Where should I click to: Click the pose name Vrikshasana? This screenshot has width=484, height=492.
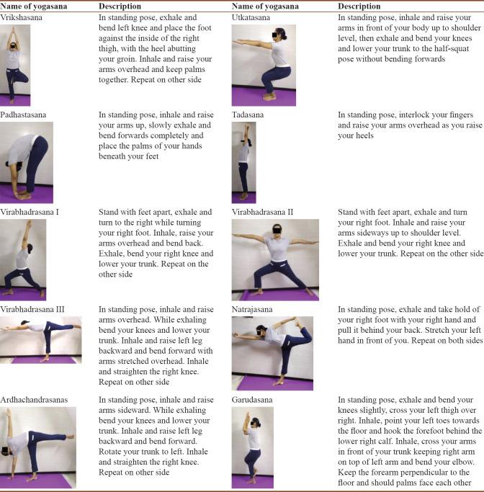point(21,17)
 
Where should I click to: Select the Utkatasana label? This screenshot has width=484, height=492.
point(251,17)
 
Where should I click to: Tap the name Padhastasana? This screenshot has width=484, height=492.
point(23,115)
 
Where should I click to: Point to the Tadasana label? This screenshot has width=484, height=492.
point(248,115)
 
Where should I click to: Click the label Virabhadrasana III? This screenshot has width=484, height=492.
point(32,309)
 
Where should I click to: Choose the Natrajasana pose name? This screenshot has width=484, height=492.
point(252,309)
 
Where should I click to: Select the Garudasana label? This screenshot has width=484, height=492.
point(252,400)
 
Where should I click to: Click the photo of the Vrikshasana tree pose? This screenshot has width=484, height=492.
point(15,65)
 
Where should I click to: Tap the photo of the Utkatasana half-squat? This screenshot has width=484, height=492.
point(264,66)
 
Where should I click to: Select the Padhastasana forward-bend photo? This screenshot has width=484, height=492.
point(27,162)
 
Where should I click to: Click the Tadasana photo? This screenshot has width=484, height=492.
point(243,162)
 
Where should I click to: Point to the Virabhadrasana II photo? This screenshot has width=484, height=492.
point(275,260)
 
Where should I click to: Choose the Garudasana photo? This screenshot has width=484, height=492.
point(253,447)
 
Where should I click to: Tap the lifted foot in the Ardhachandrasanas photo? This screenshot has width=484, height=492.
point(71,436)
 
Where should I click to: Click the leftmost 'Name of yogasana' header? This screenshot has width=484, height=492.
point(34,6)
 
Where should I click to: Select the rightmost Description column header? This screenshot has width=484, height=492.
point(359,6)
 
